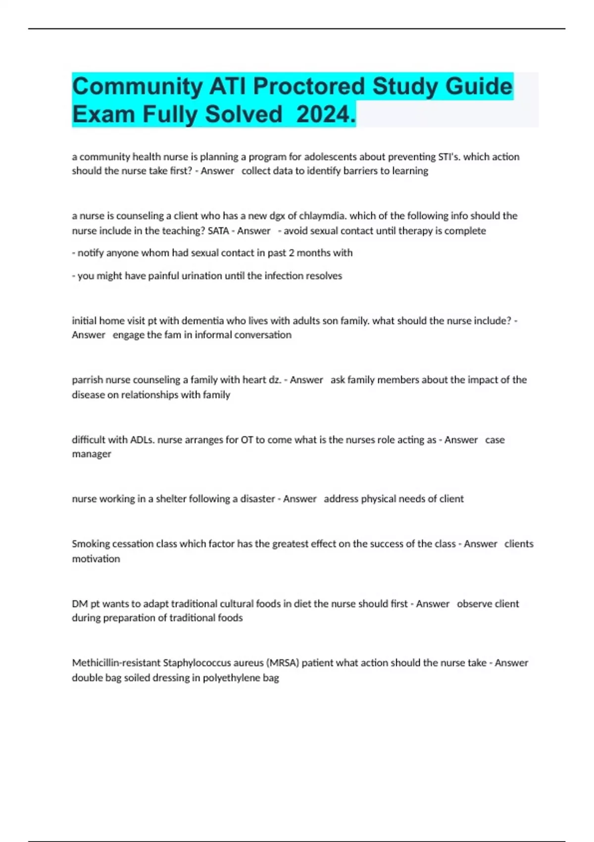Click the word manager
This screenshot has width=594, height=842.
[x=92, y=454]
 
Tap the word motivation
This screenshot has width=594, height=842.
[x=96, y=559]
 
